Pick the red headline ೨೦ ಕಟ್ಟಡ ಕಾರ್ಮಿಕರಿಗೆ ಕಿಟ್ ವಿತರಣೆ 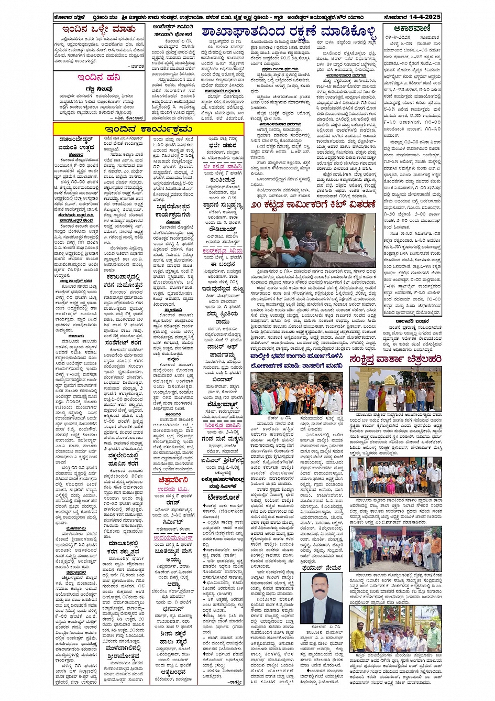click(x=313, y=204)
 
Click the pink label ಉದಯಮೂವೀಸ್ click(x=173, y=538)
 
